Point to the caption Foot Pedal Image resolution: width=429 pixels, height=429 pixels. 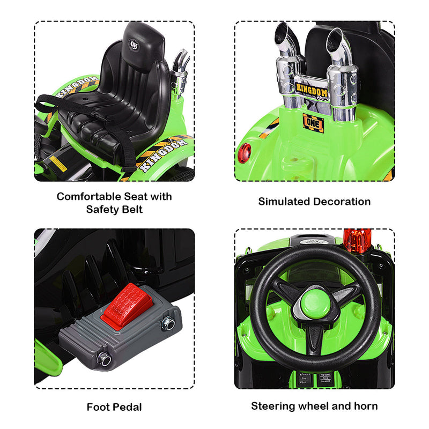(114, 407)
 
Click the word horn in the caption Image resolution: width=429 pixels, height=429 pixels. (365, 406)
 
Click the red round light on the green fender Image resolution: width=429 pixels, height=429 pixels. (244, 152)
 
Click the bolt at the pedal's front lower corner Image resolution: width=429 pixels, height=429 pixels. (103, 358)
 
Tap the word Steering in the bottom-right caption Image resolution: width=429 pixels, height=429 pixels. (274, 406)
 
